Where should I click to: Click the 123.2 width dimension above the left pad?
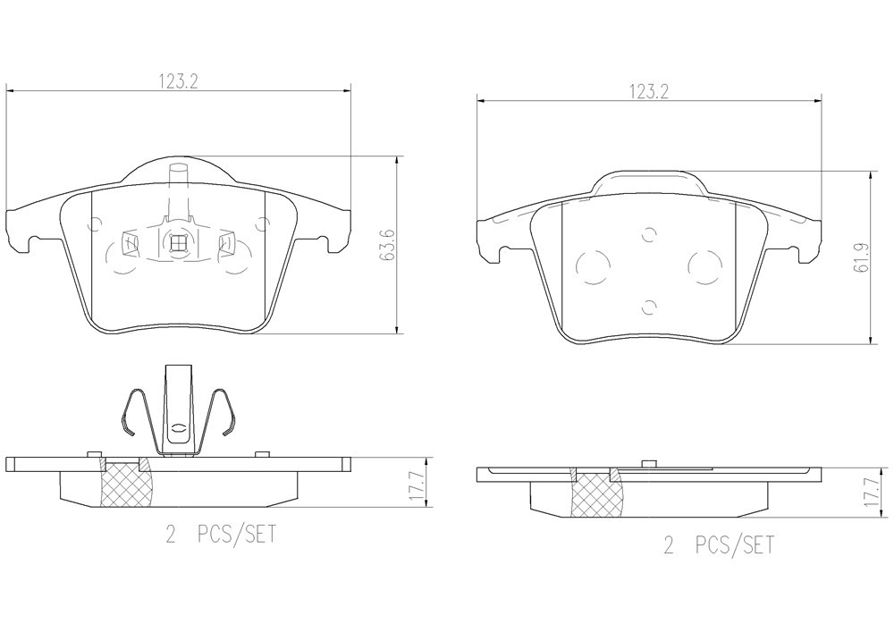click(x=179, y=82)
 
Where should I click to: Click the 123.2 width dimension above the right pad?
click(x=648, y=92)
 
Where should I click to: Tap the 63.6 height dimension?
click(x=390, y=245)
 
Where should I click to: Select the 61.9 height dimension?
click(x=861, y=257)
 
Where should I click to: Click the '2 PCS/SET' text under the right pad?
click(x=720, y=545)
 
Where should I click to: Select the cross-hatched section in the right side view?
click(x=598, y=493)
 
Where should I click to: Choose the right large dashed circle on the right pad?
click(x=705, y=267)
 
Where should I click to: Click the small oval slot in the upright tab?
click(x=179, y=429)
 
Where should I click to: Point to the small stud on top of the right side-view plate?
click(x=646, y=463)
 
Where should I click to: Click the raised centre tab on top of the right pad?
click(x=648, y=184)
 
